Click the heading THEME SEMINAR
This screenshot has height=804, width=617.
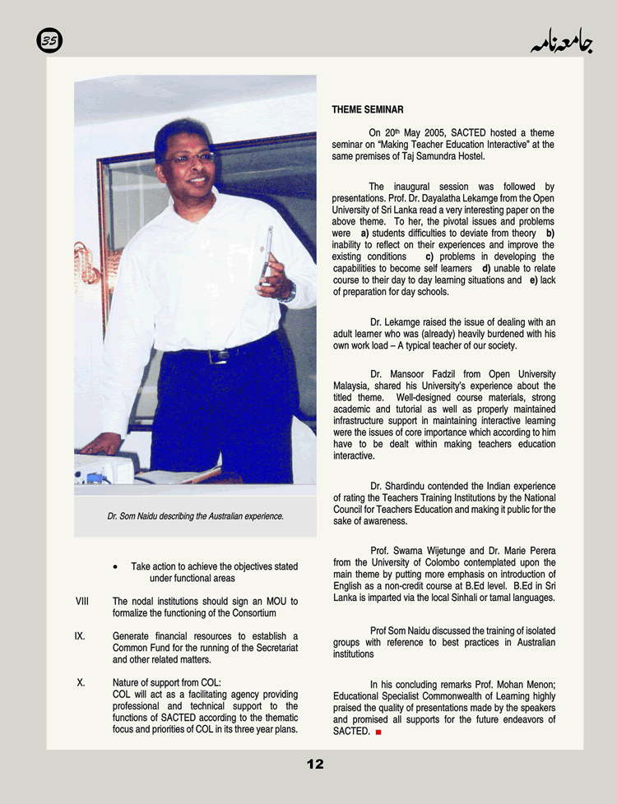[368, 109]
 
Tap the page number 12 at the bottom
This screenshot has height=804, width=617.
[315, 765]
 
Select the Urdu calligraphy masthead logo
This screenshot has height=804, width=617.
[561, 41]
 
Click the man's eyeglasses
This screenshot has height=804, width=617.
[189, 157]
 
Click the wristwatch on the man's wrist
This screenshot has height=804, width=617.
[288, 291]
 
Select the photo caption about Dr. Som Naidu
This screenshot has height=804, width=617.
[195, 516]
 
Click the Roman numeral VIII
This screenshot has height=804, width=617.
[82, 602]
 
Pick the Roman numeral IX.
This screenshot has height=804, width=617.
[81, 636]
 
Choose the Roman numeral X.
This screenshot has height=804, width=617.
[81, 682]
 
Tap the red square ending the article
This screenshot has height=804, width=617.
[378, 732]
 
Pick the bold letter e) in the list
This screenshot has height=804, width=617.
[534, 280]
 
